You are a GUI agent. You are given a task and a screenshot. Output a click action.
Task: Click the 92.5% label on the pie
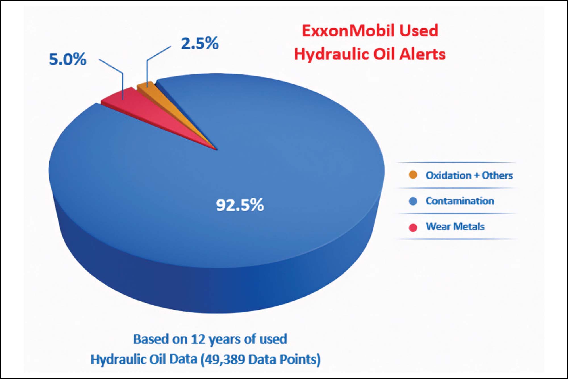pyautogui.click(x=240, y=205)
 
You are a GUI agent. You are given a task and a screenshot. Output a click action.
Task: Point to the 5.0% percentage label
pyautogui.click(x=68, y=59)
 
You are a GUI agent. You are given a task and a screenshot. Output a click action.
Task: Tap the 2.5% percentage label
pyautogui.click(x=200, y=43)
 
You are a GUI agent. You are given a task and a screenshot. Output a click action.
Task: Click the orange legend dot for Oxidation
pyautogui.click(x=413, y=175)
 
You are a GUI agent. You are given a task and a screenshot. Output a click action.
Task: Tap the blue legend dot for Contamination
pyautogui.click(x=413, y=201)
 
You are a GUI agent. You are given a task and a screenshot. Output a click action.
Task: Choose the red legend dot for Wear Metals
pyautogui.click(x=413, y=227)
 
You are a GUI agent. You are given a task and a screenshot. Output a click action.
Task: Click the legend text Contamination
pyautogui.click(x=460, y=201)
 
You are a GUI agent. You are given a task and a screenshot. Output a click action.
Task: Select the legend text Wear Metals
pyautogui.click(x=455, y=226)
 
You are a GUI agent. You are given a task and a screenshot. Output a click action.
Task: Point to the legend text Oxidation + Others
pyautogui.click(x=469, y=175)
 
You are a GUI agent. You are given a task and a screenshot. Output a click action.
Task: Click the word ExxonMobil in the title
pyautogui.click(x=348, y=30)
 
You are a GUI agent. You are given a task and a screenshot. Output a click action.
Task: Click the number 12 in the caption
pyautogui.click(x=198, y=339)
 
